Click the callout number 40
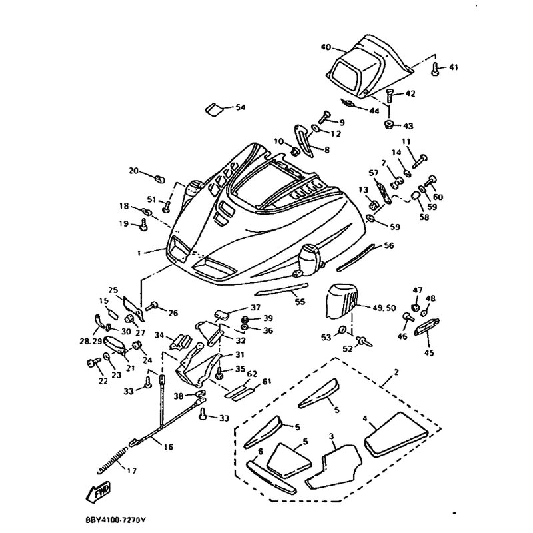point(326,47)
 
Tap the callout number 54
point(240,107)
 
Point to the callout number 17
point(131,471)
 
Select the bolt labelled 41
point(434,68)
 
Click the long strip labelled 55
point(283,290)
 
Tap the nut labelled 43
point(387,125)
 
